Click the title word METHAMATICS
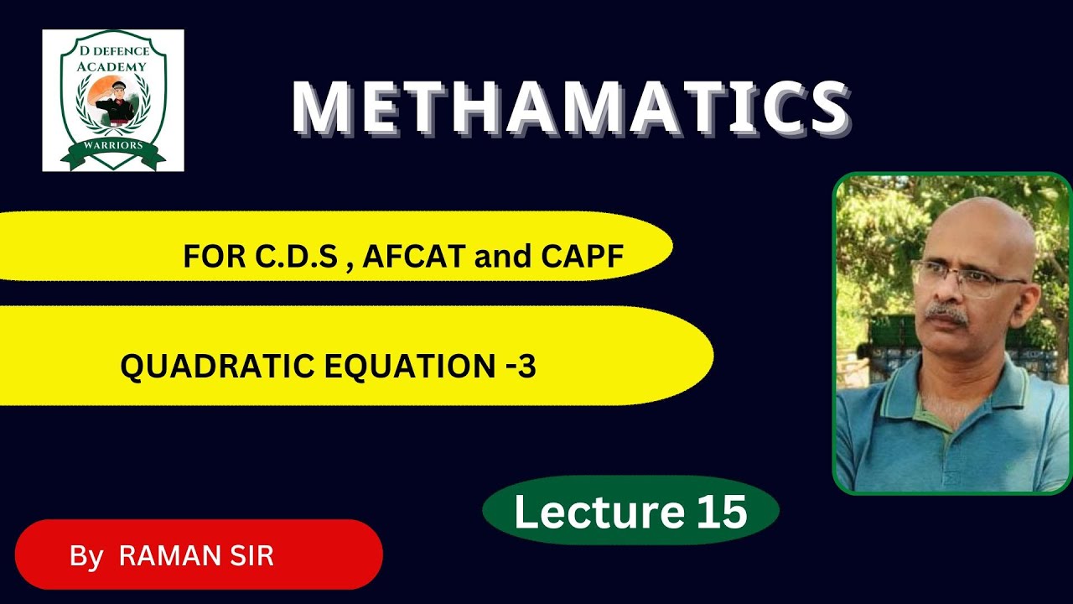click(570, 108)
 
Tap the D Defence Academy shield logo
click(113, 101)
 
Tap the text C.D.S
click(300, 257)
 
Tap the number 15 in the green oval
click(721, 511)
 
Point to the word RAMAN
click(168, 555)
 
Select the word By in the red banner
click(86, 555)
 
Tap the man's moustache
click(947, 315)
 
